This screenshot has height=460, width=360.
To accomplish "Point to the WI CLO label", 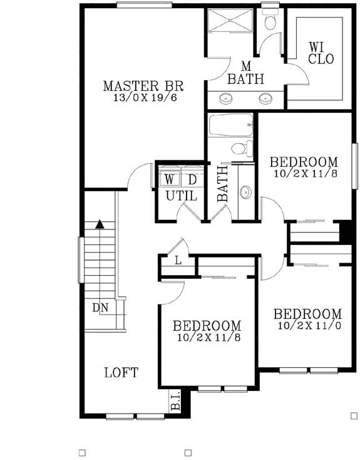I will (x=321, y=53).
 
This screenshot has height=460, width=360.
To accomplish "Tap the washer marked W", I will (x=170, y=180).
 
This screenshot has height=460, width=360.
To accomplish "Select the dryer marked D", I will (x=192, y=180).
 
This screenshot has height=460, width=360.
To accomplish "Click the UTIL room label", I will (x=181, y=196).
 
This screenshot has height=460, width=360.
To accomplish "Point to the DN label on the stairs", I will (x=100, y=308).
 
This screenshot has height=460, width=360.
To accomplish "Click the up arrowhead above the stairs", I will (x=99, y=224).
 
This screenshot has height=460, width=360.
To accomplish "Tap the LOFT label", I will (x=121, y=372).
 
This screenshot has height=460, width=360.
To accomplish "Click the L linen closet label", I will (x=178, y=260).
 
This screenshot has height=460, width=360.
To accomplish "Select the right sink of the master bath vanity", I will (x=267, y=98).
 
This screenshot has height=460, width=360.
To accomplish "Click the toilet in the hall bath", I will (x=239, y=149).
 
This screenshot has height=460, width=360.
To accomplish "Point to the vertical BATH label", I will (x=222, y=184).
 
